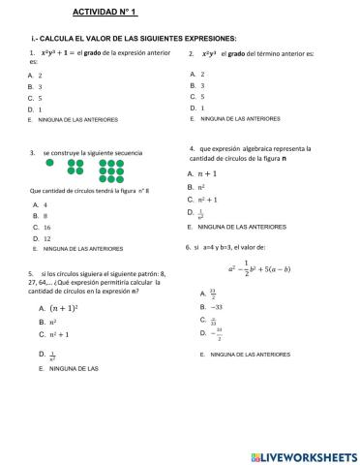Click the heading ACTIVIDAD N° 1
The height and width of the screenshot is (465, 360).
[105, 13]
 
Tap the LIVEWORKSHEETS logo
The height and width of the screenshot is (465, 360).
[301, 454]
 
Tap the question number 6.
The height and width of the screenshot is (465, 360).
[188, 247]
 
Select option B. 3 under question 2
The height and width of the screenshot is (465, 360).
[197, 85]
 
